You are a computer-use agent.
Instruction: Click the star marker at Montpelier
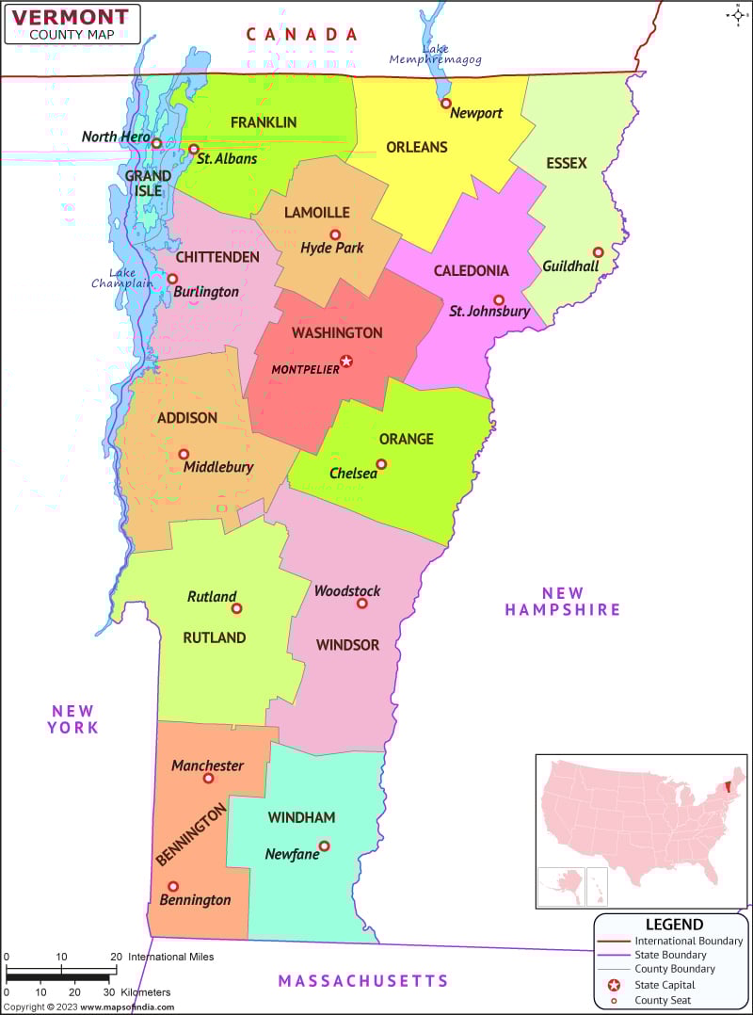(x=346, y=361)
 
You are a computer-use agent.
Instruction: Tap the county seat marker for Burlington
(x=172, y=279)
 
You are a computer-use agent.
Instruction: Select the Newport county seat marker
(x=446, y=104)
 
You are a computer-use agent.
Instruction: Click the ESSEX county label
(x=566, y=163)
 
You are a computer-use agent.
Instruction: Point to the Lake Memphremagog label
(x=436, y=54)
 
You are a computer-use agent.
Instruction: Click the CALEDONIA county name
(x=471, y=270)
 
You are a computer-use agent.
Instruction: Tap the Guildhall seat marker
(x=598, y=252)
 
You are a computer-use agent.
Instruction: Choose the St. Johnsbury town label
(x=489, y=311)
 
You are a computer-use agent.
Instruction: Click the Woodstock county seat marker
(x=362, y=604)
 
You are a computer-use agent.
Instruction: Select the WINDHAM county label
(x=301, y=817)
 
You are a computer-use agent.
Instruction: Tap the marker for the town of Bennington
(x=173, y=886)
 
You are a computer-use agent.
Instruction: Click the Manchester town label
(x=207, y=765)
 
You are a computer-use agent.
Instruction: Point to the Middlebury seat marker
(x=184, y=454)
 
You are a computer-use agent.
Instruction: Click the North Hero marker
(x=157, y=144)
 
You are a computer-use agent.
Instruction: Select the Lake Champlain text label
(x=121, y=278)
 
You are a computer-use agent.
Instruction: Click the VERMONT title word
(x=72, y=16)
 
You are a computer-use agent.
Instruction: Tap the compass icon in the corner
(x=736, y=14)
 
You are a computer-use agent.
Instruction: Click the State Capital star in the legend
(x=614, y=985)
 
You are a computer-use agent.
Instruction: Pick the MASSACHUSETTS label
(x=362, y=981)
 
